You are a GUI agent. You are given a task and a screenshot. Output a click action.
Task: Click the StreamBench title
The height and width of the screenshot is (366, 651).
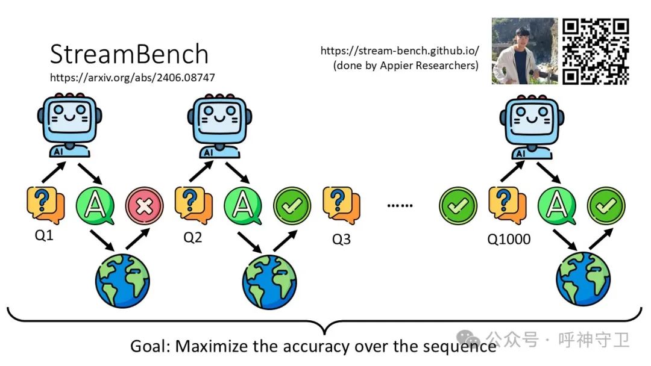tap(129, 55)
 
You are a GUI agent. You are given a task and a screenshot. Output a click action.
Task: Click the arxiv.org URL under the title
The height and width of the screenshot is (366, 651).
tap(132, 78)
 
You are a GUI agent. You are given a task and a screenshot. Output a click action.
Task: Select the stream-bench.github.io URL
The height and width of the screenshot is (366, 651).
tap(400, 51)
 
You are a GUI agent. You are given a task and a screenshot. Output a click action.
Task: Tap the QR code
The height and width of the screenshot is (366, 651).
tap(596, 51)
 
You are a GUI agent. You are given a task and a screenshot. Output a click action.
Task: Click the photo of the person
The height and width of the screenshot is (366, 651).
tap(524, 51)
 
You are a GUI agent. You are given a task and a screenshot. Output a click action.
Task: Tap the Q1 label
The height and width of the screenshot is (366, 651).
tap(43, 235)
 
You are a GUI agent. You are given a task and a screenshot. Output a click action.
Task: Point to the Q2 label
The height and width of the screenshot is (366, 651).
tap(192, 237)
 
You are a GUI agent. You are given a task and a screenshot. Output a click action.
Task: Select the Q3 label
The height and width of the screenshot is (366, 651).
tap(341, 239)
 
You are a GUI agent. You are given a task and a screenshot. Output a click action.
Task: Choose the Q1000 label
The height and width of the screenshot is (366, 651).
tap(509, 239)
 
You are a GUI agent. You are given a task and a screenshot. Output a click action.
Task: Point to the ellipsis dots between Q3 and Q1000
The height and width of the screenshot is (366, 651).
tap(400, 206)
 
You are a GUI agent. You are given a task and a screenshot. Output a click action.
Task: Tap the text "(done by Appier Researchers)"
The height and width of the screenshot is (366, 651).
tap(406, 66)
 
